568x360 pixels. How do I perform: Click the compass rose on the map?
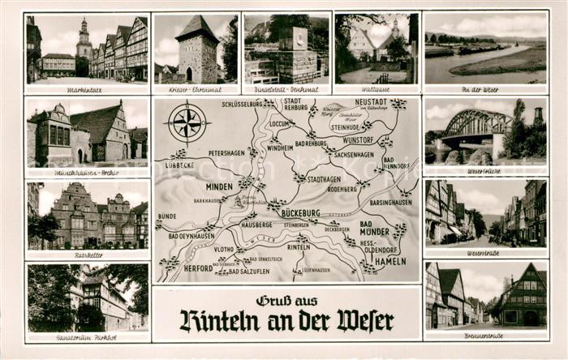pos(187,123)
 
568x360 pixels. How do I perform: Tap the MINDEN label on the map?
pos(219,186)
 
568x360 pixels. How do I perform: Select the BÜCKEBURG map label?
pos(300,212)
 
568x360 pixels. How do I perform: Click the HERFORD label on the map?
pos(198,268)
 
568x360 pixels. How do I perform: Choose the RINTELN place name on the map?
pos(298,246)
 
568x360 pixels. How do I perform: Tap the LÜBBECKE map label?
pos(179,164)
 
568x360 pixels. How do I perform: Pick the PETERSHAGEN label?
pos(226,152)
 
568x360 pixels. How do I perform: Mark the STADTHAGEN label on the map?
pos(323,178)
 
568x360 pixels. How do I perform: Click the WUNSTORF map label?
pos(358,139)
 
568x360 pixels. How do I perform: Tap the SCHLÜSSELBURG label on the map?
pos(242,104)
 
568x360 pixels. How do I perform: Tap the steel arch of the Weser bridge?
pos(475,122)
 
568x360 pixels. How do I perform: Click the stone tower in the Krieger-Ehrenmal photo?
pos(197,50)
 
